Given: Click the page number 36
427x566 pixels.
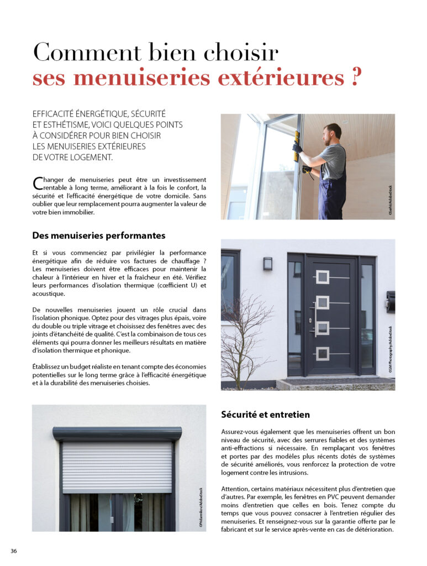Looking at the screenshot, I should click(x=14, y=551).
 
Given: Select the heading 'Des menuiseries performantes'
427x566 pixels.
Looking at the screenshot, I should click(x=98, y=235).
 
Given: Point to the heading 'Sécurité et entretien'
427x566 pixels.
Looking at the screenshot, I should click(x=265, y=414).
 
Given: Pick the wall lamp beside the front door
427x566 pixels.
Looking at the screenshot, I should click(x=267, y=264).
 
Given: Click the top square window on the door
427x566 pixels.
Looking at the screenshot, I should click(x=322, y=277).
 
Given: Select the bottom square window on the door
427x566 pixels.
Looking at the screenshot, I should click(x=322, y=353).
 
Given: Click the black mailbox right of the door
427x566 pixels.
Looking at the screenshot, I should click(x=391, y=301).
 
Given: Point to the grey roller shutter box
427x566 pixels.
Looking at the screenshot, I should click(x=117, y=433).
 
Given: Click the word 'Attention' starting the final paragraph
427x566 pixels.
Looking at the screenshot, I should click(x=236, y=489).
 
